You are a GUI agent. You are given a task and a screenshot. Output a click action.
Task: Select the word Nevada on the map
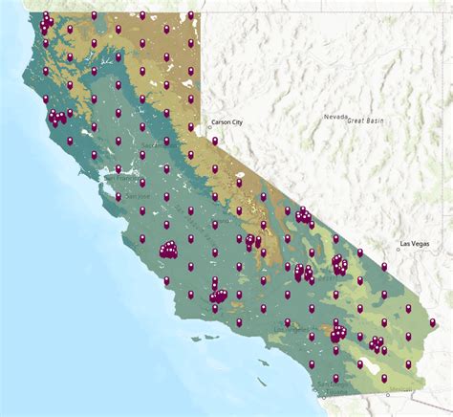[x=335, y=117]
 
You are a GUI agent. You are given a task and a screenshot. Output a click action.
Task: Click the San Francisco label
[x=121, y=177]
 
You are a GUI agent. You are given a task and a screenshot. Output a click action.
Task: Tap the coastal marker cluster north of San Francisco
[x=59, y=118]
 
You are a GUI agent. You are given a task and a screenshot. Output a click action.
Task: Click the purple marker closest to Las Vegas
[x=384, y=267]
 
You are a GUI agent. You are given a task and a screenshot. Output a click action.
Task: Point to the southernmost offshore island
[x=262, y=380]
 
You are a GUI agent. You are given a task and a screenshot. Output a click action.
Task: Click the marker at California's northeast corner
[x=191, y=15]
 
